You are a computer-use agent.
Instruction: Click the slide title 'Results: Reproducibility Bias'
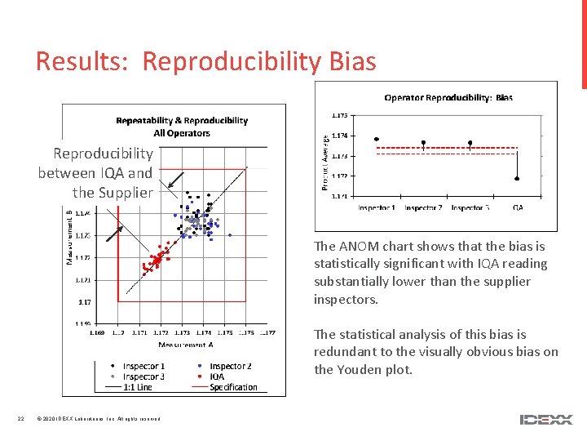tap(205, 61)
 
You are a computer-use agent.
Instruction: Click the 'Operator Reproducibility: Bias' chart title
tap(448, 97)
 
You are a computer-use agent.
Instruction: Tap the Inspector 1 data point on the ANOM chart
tap(376, 139)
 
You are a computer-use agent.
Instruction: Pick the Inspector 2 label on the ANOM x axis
tap(423, 208)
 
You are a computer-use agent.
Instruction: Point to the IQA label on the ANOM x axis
tap(519, 208)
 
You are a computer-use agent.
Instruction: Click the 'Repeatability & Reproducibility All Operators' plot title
tap(181, 127)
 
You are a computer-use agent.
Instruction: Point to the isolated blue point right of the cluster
tap(230, 235)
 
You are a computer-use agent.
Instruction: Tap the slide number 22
tap(20, 420)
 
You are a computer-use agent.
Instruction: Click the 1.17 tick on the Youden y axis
tap(84, 301)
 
